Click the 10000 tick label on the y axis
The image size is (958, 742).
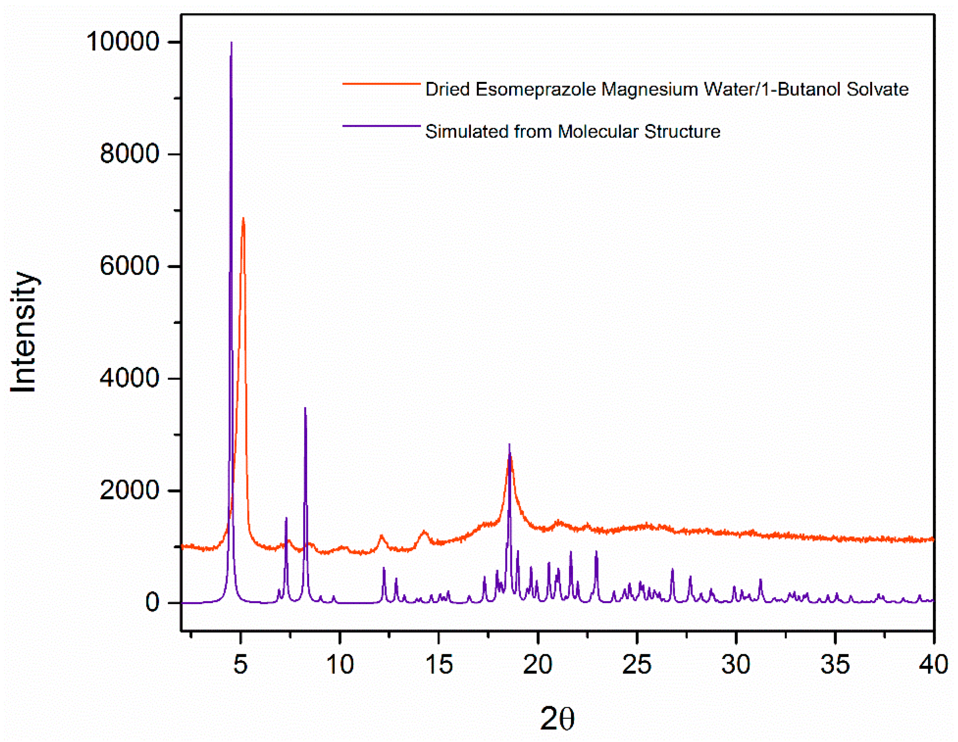[x=122, y=42]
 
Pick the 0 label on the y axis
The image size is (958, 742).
[x=152, y=603]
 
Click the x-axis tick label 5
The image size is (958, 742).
[x=240, y=665]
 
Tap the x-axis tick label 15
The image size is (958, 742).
[x=439, y=665]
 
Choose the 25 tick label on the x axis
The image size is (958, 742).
[x=637, y=665]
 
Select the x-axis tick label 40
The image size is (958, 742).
[x=934, y=665]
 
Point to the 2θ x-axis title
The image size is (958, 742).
[x=557, y=719]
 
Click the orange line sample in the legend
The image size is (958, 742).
[x=381, y=83]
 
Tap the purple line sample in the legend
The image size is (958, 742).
[x=381, y=126]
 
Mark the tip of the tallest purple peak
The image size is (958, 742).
[x=232, y=43]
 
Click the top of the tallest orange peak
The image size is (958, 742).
[x=243, y=218]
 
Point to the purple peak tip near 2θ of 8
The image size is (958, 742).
[x=305, y=408]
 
